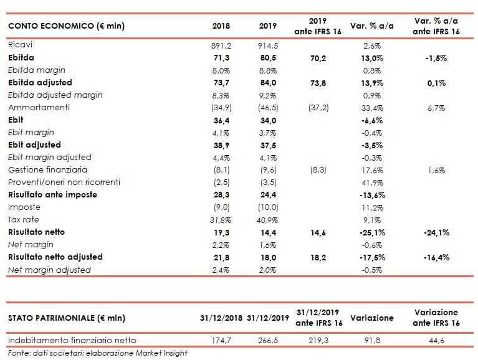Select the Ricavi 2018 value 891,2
tap(221, 45)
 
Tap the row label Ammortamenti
tap(38, 108)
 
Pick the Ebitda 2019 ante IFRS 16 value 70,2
tap(318, 58)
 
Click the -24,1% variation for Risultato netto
tap(435, 232)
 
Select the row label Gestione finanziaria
tap(47, 170)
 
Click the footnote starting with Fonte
tap(98, 353)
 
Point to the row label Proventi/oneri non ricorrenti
tap(64, 182)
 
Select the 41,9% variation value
tap(371, 182)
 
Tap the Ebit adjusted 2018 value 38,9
tap(221, 145)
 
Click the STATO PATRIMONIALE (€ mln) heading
tap(67, 318)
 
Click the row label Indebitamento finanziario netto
tap(72, 340)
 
